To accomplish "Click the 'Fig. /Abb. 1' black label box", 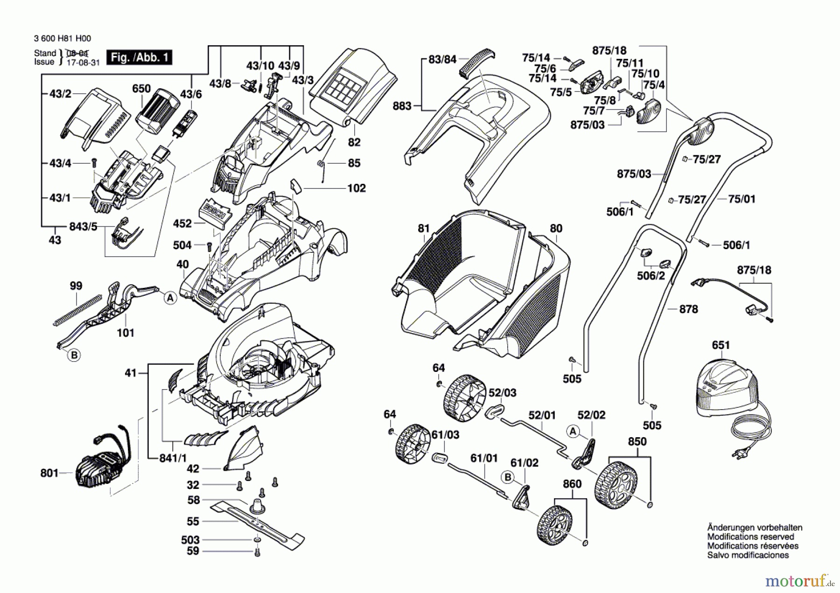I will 139,57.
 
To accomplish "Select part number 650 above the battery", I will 141,89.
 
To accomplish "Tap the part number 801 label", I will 49,473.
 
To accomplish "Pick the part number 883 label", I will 402,106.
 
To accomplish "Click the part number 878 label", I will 688,309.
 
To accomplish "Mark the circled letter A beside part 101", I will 170,298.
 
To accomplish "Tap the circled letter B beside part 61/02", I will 508,477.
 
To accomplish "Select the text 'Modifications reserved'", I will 750,537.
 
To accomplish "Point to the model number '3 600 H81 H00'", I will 63,39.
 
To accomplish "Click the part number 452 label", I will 182,223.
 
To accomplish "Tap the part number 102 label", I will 357,188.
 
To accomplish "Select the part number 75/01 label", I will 742,199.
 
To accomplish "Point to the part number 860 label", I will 572,484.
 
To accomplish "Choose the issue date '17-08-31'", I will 83,63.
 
